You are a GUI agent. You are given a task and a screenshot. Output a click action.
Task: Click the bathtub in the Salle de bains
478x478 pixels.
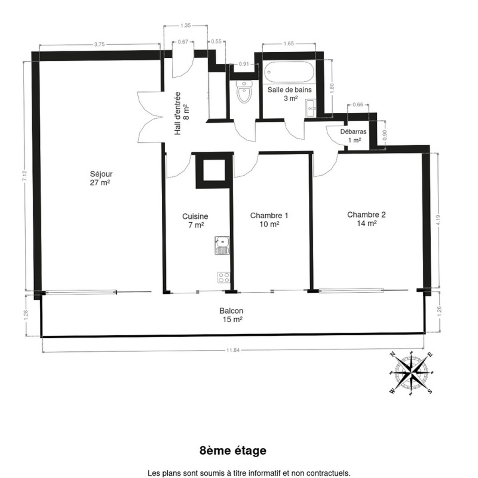289,72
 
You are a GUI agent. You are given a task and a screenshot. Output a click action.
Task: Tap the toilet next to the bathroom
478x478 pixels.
244,92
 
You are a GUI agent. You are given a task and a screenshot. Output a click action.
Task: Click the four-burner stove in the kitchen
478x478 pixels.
224,278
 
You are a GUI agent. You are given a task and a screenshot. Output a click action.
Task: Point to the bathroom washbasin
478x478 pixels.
311,108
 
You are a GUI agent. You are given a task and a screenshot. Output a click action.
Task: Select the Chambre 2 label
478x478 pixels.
366,219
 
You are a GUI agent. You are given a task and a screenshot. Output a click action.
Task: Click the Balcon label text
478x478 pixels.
231,315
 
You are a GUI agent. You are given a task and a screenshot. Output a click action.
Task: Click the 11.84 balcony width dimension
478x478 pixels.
233,350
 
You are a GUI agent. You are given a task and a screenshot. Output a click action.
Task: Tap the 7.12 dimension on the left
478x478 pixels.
24,176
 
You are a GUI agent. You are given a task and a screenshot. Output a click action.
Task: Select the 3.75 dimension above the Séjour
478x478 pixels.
100,44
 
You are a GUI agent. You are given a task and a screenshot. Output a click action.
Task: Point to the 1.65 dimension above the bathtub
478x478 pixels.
289,44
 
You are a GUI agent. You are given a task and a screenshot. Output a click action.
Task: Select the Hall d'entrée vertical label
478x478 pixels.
181,114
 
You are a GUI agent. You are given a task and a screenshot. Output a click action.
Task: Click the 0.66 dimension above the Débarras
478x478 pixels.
358,104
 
